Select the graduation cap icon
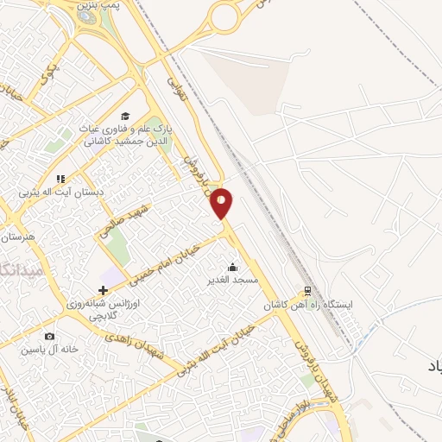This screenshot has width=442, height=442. click(x=125, y=117)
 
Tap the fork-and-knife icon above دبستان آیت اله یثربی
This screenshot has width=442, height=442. click(x=60, y=179)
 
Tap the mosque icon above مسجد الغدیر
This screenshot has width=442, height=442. click(x=230, y=266)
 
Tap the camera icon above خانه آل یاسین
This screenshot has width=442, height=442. click(x=49, y=336)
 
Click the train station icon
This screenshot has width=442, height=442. click(x=306, y=291)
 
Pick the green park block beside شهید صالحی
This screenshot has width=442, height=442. click(x=117, y=249)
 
